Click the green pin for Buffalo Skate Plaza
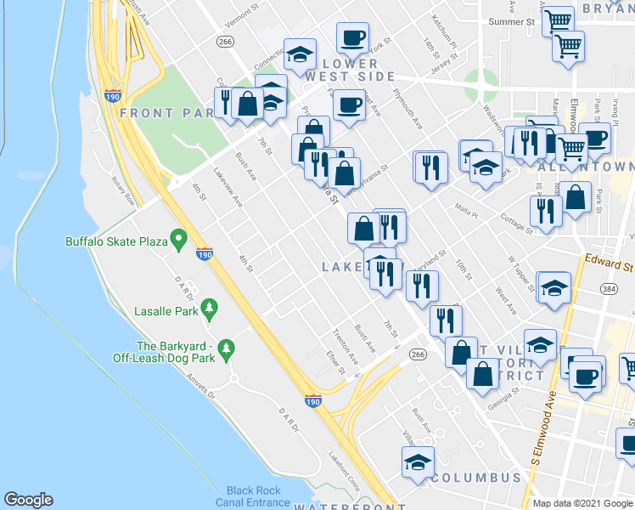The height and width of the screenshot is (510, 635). point(178,241)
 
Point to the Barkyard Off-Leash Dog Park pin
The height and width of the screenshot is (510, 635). point(226,348)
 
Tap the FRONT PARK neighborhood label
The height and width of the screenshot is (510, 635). point(159,113)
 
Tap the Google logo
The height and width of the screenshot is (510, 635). point(28,500)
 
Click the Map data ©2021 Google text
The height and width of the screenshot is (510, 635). point(582,503)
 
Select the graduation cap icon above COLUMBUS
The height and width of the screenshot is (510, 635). point(418,462)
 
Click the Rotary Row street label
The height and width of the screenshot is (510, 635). point(124,190)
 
